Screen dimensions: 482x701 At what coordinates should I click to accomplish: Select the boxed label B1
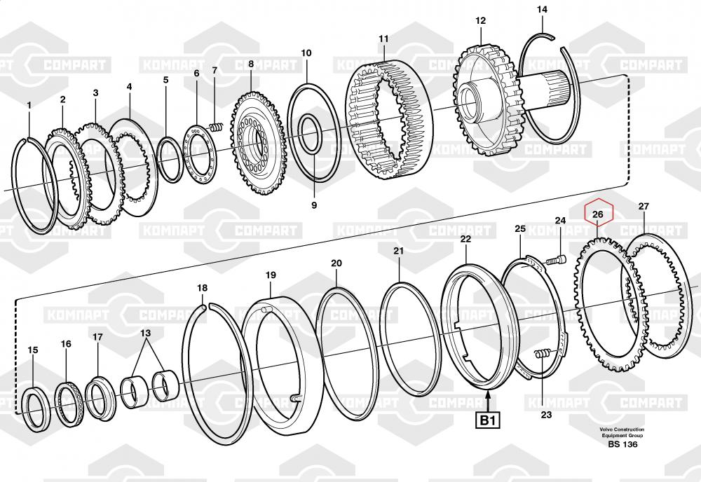click(x=488, y=421)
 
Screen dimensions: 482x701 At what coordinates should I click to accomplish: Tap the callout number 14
click(x=542, y=9)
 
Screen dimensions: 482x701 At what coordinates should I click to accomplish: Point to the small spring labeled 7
click(x=217, y=128)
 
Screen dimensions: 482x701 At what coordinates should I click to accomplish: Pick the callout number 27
click(x=643, y=206)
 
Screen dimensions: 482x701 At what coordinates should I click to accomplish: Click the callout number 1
click(x=29, y=105)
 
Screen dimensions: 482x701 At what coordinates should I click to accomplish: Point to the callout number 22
click(x=465, y=239)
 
